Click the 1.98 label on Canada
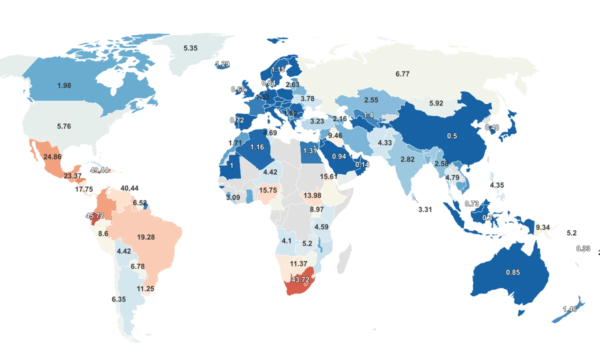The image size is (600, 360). [x=64, y=85]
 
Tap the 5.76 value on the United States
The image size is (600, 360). [x=64, y=126]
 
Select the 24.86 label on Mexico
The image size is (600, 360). [x=52, y=156]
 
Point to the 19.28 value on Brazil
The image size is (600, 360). [x=145, y=237]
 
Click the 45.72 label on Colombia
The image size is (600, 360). [x=94, y=216]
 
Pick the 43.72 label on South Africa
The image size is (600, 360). [x=300, y=279]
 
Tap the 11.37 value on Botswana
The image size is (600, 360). [x=298, y=263]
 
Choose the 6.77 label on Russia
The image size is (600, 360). [x=402, y=74]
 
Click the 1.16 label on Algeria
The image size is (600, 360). [x=257, y=147]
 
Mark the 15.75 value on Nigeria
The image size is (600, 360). [x=268, y=190]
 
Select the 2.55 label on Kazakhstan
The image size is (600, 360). [x=371, y=100]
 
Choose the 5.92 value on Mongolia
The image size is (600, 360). [x=436, y=104]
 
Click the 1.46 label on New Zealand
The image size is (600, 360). [x=570, y=309]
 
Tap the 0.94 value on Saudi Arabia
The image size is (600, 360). [x=338, y=156]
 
